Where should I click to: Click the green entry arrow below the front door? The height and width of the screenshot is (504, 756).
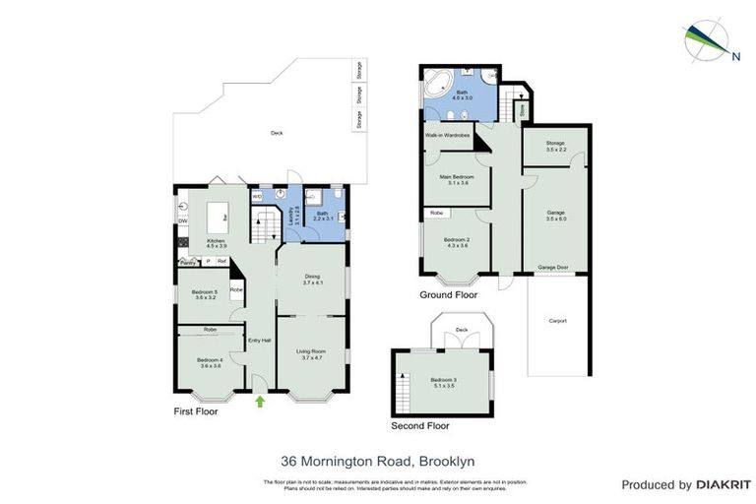[x=260, y=401]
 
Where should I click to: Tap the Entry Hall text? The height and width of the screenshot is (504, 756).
[x=259, y=341]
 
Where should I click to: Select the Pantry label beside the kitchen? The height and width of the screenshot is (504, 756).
[x=187, y=261]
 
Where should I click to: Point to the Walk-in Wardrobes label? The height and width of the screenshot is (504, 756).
[x=446, y=135]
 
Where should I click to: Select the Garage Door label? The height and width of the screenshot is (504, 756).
[x=554, y=267]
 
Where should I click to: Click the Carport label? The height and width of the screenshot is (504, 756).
[x=557, y=320]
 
